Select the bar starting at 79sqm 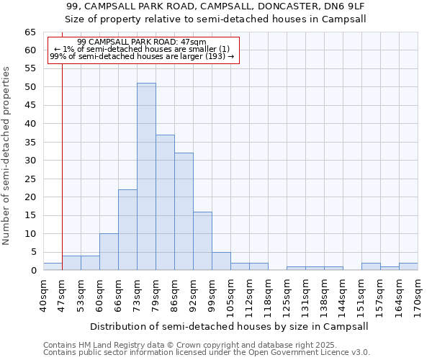pos(165,202)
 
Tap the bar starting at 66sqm pos(127,230)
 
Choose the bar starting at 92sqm pos(202,241)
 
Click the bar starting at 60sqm pos(109,252)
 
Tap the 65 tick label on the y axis pos(30,32)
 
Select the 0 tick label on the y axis pos(32,271)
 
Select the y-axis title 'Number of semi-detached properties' pos(6,156)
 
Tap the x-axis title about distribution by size pos(230,326)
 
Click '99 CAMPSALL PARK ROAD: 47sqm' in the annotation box pos(141,42)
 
